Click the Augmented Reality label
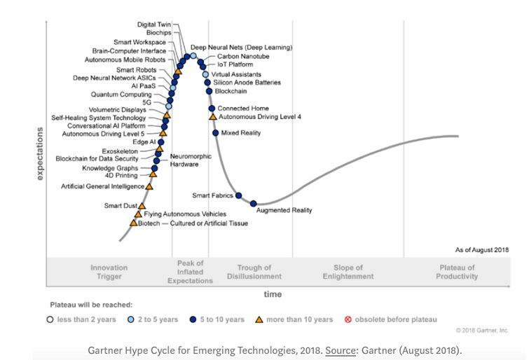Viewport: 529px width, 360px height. pos(284,209)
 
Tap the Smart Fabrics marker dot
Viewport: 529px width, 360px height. pos(239,195)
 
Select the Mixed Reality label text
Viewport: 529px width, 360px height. pos(240,132)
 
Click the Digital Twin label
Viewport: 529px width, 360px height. pos(154,25)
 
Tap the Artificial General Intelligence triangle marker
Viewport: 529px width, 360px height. pos(149,186)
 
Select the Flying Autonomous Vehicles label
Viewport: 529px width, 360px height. pos(185,214)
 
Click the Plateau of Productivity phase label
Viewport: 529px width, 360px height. pos(457,272)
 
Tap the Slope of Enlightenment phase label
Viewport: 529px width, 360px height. pos(348,272)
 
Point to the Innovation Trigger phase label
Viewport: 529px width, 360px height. pos(109,272)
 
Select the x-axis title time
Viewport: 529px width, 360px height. pos(273,294)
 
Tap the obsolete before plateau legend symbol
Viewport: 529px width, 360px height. pos(348,319)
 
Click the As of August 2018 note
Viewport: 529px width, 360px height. pos(482,249)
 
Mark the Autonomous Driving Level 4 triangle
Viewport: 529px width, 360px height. pos(213,117)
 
